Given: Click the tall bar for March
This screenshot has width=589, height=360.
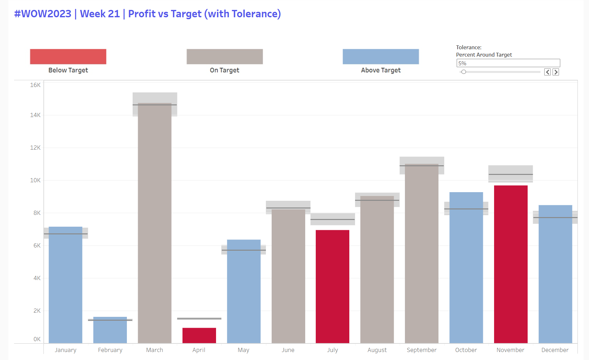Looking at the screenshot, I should point(155,224).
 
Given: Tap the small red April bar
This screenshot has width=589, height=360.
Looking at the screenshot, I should point(199,335).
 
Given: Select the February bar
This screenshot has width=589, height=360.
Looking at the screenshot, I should point(110,331).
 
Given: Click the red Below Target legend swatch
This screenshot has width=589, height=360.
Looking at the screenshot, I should point(68,57).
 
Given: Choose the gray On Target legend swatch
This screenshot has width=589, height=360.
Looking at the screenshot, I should point(225,57).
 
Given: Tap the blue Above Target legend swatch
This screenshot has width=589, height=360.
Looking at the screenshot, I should point(381,57).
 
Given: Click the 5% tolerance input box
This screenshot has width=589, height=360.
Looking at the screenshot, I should point(508,63).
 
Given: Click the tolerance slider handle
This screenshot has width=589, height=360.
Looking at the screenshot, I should point(464,72).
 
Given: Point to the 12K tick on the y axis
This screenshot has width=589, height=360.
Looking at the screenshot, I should point(35,148).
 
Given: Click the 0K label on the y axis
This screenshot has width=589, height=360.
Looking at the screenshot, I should point(37,339).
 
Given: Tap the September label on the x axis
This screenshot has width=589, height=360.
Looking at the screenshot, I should point(421,350).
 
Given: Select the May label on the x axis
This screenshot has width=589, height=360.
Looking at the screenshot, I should point(244,350).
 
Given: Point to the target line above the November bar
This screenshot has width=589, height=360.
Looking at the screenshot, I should point(510,174).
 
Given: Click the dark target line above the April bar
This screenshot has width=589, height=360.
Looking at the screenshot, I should point(199,318).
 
